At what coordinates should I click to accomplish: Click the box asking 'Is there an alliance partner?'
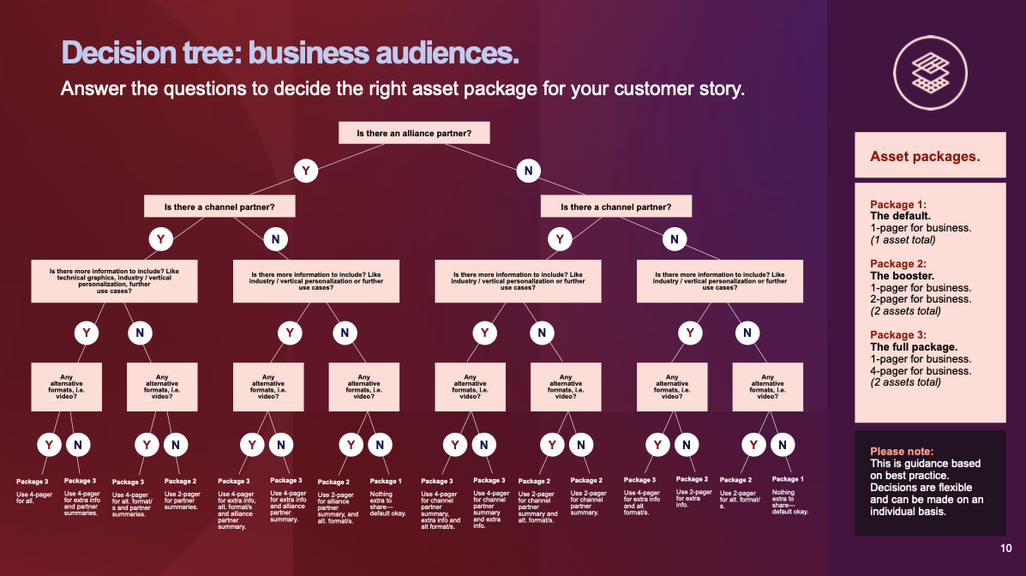pyautogui.click(x=414, y=133)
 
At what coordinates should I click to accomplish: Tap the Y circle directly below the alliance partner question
pyautogui.click(x=306, y=171)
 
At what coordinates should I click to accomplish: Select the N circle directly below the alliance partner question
pyautogui.click(x=529, y=171)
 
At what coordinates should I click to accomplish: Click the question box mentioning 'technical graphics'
pyautogui.click(x=115, y=281)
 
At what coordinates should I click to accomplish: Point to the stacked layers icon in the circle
pyautogui.click(x=931, y=73)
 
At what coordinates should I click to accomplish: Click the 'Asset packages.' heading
pyautogui.click(x=925, y=157)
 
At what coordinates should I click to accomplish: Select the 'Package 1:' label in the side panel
pyautogui.click(x=897, y=204)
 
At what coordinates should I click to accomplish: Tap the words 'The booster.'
pyautogui.click(x=902, y=275)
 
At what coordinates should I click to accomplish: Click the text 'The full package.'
pyautogui.click(x=914, y=347)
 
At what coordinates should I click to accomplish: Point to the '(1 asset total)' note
pyautogui.click(x=903, y=239)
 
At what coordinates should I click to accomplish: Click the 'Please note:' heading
pyautogui.click(x=902, y=451)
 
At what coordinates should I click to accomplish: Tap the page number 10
pyautogui.click(x=1005, y=548)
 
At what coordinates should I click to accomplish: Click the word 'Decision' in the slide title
pyautogui.click(x=118, y=52)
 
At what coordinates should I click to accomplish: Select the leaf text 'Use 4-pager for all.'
pyautogui.click(x=34, y=497)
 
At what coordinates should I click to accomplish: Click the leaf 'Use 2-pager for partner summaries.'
pyautogui.click(x=182, y=501)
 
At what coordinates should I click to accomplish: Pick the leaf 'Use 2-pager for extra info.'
pyautogui.click(x=693, y=498)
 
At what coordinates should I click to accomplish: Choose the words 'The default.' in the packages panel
pyautogui.click(x=900, y=216)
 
